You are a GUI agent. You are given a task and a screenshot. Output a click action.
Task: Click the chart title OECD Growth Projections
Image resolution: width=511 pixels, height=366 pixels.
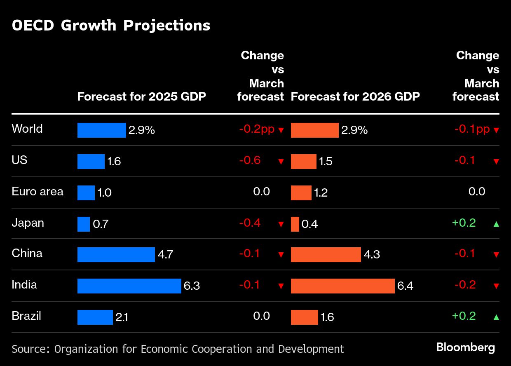pyautogui.click(x=111, y=26)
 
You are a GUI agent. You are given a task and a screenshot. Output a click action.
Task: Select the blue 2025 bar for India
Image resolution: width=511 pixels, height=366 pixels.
pyautogui.click(x=129, y=286)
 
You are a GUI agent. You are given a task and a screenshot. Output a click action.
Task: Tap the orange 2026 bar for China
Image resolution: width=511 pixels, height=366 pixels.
pyautogui.click(x=326, y=255)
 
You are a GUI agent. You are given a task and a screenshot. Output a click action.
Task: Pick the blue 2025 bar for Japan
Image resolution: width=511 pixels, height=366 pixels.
pyautogui.click(x=84, y=224)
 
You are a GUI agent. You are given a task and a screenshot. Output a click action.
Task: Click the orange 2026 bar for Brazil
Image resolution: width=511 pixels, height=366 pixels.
pyautogui.click(x=304, y=317)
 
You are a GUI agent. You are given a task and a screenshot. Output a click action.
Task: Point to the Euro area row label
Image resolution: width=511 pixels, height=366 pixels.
pyautogui.click(x=38, y=192)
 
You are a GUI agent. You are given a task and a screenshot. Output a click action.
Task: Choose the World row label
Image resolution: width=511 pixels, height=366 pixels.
pyautogui.click(x=27, y=129)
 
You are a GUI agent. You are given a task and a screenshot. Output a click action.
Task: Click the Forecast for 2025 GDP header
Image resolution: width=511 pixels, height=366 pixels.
pyautogui.click(x=142, y=97)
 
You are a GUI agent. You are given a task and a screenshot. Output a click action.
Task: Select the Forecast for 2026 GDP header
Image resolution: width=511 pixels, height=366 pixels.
pyautogui.click(x=355, y=97)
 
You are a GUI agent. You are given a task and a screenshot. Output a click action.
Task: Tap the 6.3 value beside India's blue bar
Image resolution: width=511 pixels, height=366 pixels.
pyautogui.click(x=192, y=286)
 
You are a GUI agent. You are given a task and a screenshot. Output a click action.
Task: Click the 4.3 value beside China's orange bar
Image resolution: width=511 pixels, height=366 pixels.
pyautogui.click(x=372, y=255)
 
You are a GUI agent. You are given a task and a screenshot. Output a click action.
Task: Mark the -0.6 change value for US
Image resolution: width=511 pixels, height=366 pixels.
pyautogui.click(x=250, y=160)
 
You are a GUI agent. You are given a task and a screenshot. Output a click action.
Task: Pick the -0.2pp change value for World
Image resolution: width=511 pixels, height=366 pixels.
pyautogui.click(x=257, y=129)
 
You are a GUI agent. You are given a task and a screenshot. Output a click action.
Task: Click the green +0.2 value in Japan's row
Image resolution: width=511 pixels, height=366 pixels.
pyautogui.click(x=464, y=223)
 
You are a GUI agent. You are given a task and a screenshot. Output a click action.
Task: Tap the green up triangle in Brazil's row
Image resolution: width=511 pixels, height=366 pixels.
pyautogui.click(x=496, y=317)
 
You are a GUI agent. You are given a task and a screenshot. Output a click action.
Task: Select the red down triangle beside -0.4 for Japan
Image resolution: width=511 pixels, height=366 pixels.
pyautogui.click(x=281, y=224)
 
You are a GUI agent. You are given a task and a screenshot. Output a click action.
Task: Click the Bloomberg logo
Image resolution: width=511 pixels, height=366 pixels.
pyautogui.click(x=466, y=347)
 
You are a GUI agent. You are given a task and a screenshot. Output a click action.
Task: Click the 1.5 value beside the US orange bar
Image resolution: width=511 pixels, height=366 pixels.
pyautogui.click(x=326, y=162)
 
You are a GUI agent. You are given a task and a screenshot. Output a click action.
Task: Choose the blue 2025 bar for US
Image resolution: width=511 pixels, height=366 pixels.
pyautogui.click(x=91, y=162)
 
